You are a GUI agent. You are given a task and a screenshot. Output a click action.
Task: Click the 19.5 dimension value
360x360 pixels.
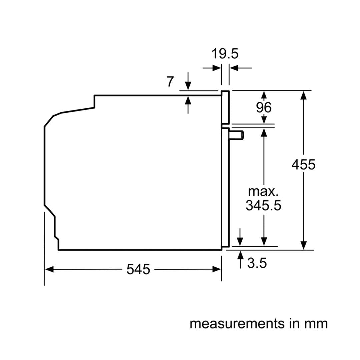tap(225, 54)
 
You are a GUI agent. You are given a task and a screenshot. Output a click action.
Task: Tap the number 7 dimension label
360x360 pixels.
tap(170, 82)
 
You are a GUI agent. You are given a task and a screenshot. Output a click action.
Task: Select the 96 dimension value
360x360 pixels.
tap(264, 107)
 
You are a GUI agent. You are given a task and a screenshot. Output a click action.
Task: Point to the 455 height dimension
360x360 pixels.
tap(303, 165)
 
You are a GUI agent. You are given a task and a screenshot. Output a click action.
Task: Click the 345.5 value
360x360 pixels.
tap(263, 206)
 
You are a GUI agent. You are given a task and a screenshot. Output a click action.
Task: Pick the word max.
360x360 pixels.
tap(263, 191)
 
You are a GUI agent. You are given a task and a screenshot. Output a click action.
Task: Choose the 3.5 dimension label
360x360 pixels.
tap(257, 263)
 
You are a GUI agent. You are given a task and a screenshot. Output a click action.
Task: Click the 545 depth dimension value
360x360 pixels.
tap(138, 269)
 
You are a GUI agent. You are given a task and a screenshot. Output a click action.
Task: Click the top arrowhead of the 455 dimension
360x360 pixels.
tap(303, 95)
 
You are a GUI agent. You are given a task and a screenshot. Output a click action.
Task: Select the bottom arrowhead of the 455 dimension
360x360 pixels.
tap(303, 245)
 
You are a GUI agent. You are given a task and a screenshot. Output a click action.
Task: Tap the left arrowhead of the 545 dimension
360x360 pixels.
tap(49, 269)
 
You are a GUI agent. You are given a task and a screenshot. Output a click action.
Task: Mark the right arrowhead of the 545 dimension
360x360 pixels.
tap(217, 269)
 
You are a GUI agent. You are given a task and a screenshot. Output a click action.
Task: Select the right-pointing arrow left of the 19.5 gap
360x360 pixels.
tap(217, 68)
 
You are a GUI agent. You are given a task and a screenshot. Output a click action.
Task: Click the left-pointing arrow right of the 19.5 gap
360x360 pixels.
tap(233, 68)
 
